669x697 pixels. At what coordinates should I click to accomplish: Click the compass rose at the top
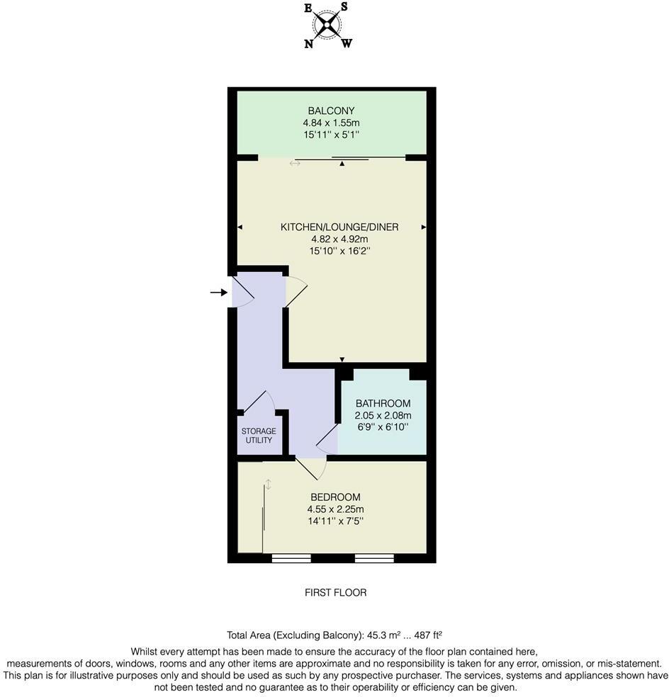[327, 25]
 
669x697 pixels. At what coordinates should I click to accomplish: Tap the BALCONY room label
[330, 110]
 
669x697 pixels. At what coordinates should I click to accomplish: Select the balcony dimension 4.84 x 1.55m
[330, 122]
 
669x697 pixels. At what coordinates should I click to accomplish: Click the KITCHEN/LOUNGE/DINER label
[339, 227]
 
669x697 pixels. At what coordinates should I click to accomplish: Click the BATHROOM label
[383, 404]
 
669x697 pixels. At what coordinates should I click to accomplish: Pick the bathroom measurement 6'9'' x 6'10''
[383, 427]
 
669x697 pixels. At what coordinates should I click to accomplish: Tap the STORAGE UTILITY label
[259, 436]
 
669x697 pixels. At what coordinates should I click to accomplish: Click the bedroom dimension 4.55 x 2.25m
[335, 509]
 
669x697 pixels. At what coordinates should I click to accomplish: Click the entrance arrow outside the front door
[218, 292]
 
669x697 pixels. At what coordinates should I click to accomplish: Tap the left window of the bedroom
[291, 558]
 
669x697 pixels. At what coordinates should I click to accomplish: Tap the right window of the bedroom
[373, 558]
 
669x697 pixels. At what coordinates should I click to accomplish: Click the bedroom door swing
[311, 467]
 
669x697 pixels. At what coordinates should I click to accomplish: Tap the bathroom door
[327, 441]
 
